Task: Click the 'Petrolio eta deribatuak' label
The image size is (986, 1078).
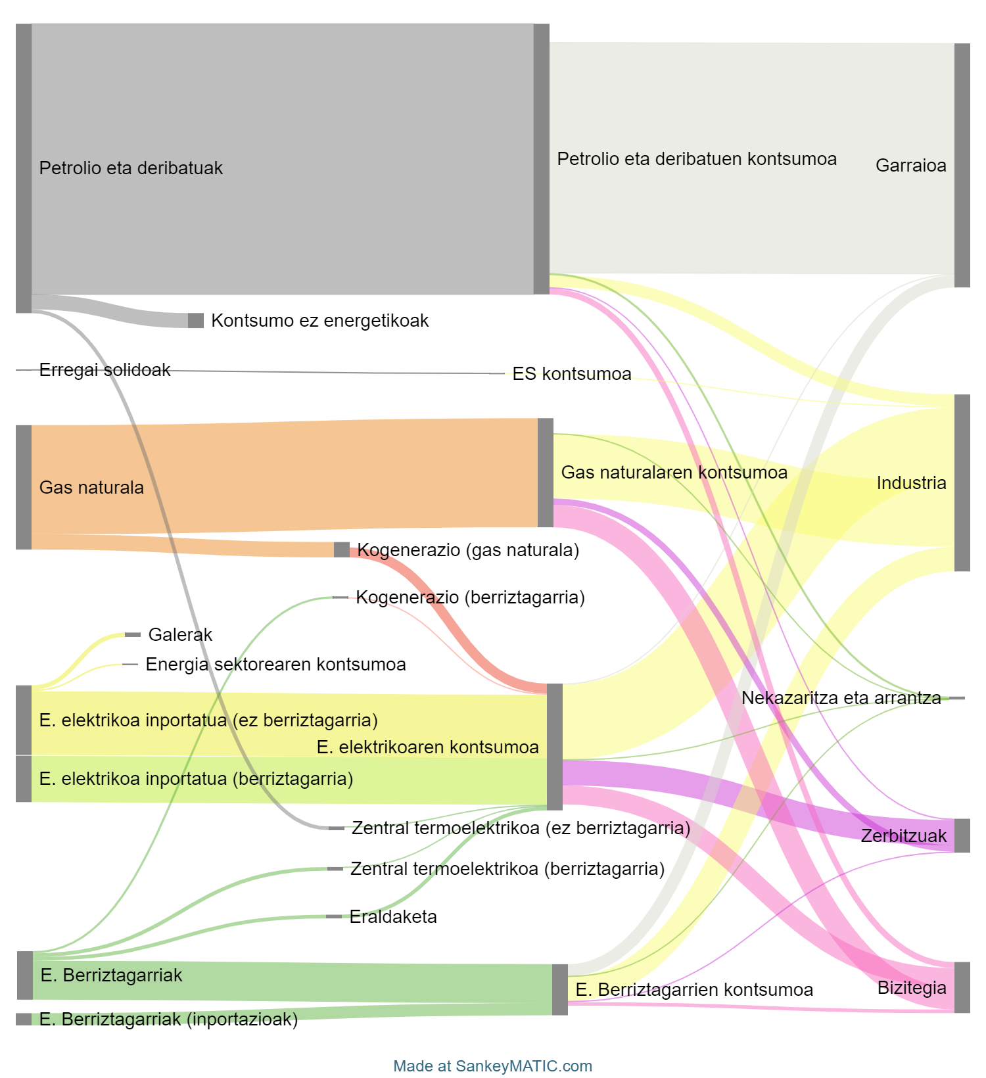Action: coord(131,168)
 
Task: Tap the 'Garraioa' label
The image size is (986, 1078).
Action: coord(910,166)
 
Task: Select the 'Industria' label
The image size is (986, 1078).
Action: coord(911,483)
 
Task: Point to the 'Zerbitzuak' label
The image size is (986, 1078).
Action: coord(904,836)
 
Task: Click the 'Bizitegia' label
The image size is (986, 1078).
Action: coord(912,988)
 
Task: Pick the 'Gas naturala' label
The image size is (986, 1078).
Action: coord(91,488)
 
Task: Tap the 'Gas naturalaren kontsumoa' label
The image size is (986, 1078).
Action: coord(674,473)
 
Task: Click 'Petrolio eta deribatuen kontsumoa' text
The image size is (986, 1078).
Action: coord(697,159)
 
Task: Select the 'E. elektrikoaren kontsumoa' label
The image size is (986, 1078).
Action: coord(427,747)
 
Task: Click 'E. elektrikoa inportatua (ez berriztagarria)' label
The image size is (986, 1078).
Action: coord(208,720)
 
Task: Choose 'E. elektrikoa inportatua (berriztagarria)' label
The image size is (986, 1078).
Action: coord(196,779)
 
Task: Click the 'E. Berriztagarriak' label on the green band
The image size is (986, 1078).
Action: coord(111,975)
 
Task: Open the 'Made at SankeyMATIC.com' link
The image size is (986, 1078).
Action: coord(493,1066)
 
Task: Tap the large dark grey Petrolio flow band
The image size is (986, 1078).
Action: coord(283,99)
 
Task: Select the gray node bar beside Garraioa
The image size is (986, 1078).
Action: coord(962,166)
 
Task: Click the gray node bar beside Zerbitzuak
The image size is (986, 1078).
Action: coord(962,835)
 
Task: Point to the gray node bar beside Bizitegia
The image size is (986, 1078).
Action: coord(962,987)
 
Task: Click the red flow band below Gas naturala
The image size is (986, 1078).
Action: coord(460,631)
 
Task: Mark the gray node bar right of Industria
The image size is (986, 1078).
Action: coord(962,483)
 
